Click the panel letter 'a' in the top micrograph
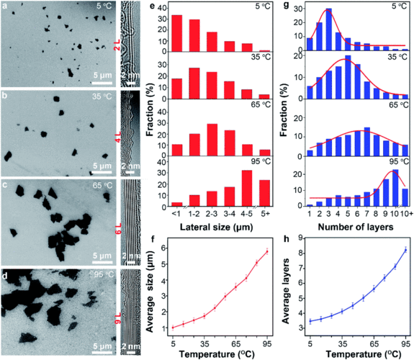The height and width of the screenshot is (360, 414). (6, 6)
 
